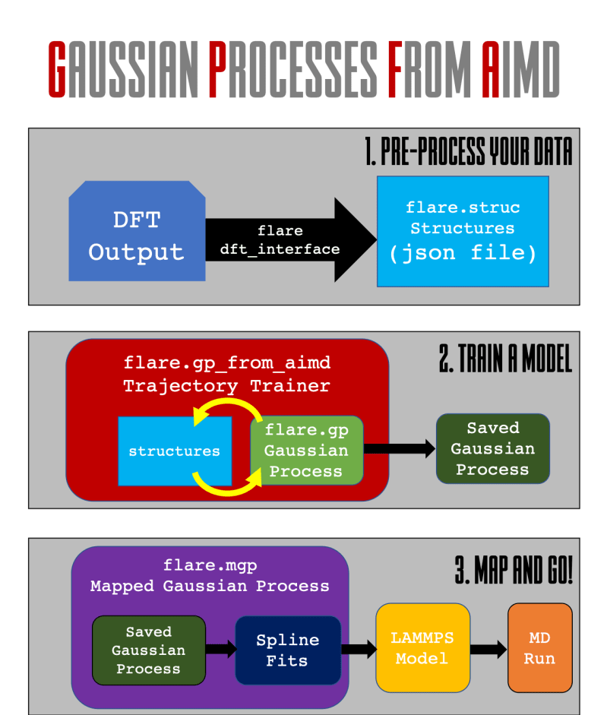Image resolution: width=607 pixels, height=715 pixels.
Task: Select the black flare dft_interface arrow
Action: [x=289, y=240]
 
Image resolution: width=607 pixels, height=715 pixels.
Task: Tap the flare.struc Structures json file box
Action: [x=462, y=231]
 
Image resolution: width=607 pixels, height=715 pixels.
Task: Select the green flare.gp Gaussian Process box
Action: [x=307, y=451]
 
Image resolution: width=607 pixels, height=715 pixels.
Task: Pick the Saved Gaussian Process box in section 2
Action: [x=492, y=449]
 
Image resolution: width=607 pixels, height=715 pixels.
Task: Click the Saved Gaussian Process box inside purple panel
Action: [x=148, y=650]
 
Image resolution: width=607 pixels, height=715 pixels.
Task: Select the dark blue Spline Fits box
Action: [x=287, y=650]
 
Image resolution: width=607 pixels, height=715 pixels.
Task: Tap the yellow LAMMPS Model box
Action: [x=422, y=648]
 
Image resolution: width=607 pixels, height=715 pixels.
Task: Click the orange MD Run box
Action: [x=539, y=648]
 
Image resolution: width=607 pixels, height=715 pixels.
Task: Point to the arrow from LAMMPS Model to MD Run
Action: [x=488, y=649]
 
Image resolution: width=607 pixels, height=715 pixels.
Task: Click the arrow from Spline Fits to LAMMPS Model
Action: [x=359, y=649]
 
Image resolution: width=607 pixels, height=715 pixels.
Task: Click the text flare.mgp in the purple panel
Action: [x=210, y=566]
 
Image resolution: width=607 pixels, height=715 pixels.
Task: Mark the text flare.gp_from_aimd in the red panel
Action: [x=226, y=363]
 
